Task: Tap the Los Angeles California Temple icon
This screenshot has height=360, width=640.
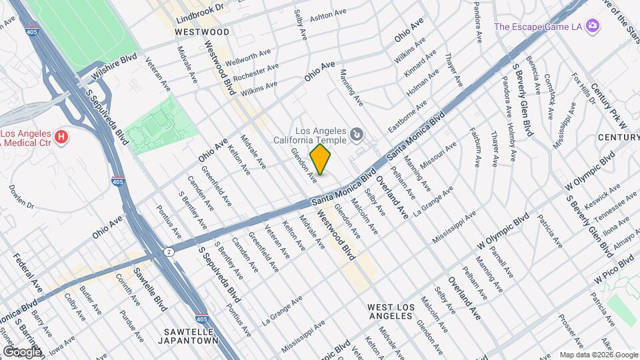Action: [x=357, y=136]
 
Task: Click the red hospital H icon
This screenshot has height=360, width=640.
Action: [x=61, y=137]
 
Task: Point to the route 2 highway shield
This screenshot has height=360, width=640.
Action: [x=169, y=251]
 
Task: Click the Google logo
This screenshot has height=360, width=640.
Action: [x=22, y=351]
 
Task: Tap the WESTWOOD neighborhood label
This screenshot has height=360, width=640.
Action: [x=201, y=31]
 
